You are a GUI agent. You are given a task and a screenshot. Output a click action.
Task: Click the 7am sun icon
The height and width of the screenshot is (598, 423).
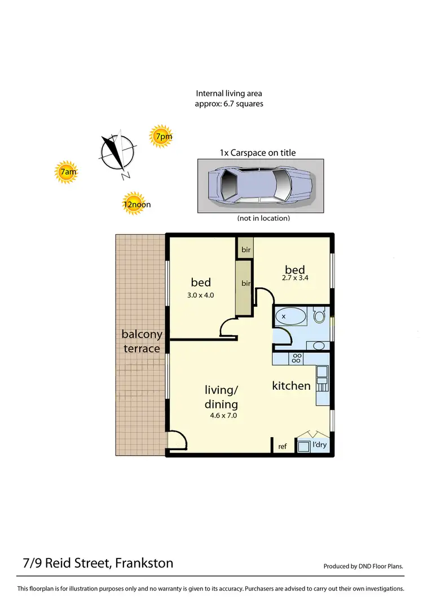click(x=67, y=172)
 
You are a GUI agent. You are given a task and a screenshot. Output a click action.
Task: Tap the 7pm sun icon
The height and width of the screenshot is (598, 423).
click(x=162, y=136)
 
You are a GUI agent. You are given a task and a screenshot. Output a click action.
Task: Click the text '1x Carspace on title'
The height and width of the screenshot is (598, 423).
click(x=257, y=152)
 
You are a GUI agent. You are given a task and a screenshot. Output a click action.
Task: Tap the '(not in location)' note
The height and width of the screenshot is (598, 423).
click(x=264, y=218)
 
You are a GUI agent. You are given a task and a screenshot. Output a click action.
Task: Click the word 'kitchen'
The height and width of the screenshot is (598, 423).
click(x=292, y=386)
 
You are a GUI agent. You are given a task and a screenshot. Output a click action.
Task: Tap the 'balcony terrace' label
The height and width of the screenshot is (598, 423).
click(x=142, y=341)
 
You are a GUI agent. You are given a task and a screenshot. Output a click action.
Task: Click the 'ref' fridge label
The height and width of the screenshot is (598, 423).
click(x=283, y=446)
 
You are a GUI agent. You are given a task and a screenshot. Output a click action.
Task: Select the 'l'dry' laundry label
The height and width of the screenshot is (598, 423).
click(x=319, y=445)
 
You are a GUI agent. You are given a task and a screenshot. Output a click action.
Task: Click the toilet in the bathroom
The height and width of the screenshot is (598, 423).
click(x=319, y=315)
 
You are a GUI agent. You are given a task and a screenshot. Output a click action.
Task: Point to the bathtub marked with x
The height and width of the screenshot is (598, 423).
click(x=290, y=316)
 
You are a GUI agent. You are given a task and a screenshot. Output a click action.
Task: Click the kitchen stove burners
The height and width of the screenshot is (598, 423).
click(x=296, y=358)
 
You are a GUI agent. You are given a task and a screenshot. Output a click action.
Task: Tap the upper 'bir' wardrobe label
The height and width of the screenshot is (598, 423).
click(x=246, y=249)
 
